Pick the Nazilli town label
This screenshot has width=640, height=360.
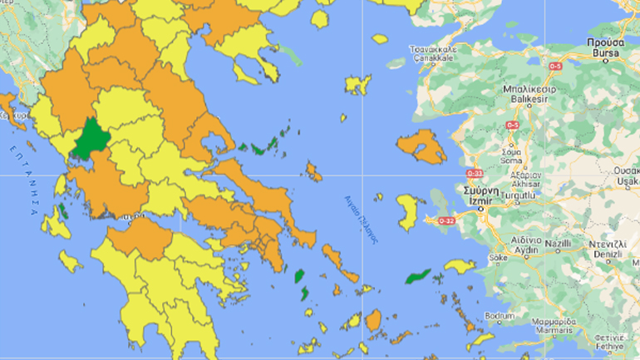click(x=559, y=245)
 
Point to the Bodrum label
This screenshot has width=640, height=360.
click(x=499, y=318)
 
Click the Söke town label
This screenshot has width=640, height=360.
click(x=498, y=258)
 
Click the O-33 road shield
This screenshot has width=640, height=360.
click(x=475, y=173)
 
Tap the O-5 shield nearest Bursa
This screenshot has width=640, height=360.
click(x=554, y=66)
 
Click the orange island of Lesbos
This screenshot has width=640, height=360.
click(x=421, y=146)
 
